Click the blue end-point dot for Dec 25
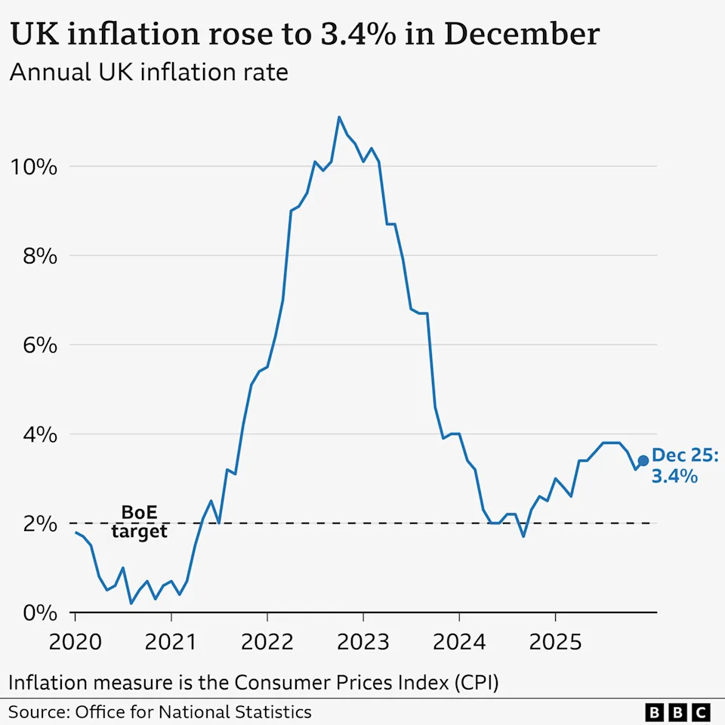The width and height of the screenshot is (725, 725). pos(643,461)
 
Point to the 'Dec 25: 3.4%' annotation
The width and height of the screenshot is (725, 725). pos(685,465)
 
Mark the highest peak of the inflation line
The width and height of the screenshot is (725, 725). pos(339,117)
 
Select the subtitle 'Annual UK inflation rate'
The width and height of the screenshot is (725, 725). pos(149,73)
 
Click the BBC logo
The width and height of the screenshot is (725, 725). pos(678,711)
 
